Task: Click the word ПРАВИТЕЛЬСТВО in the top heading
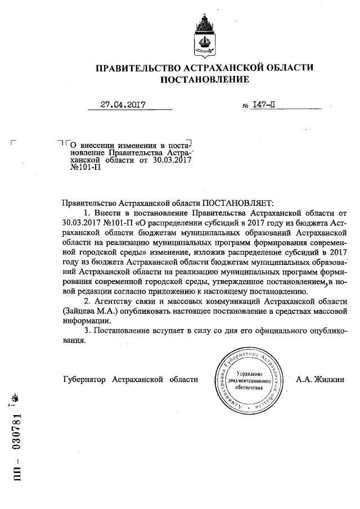click(x=133, y=67)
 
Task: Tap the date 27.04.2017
click(x=123, y=104)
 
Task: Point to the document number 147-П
click(x=264, y=105)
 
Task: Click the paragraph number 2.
click(x=86, y=301)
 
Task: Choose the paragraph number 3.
click(x=86, y=331)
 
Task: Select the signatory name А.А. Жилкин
click(x=322, y=379)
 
